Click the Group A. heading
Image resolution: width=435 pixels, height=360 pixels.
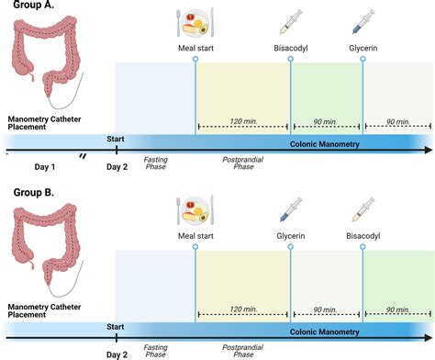tap(28, 6)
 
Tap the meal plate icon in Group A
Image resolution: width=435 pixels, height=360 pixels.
tap(195, 20)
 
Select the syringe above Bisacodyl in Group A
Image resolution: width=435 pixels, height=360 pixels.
tap(291, 21)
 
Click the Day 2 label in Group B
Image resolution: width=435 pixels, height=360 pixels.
tap(117, 354)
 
